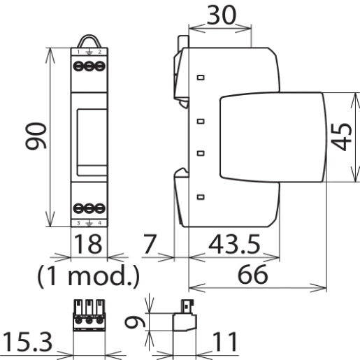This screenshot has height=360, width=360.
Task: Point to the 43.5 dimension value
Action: pos(234,245)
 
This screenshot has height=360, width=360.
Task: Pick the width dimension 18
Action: pos(89,246)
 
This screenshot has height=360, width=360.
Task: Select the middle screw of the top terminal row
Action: pos(89,66)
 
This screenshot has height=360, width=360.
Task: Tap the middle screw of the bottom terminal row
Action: pos(89,208)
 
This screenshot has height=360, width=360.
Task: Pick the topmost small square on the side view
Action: pos(200,78)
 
